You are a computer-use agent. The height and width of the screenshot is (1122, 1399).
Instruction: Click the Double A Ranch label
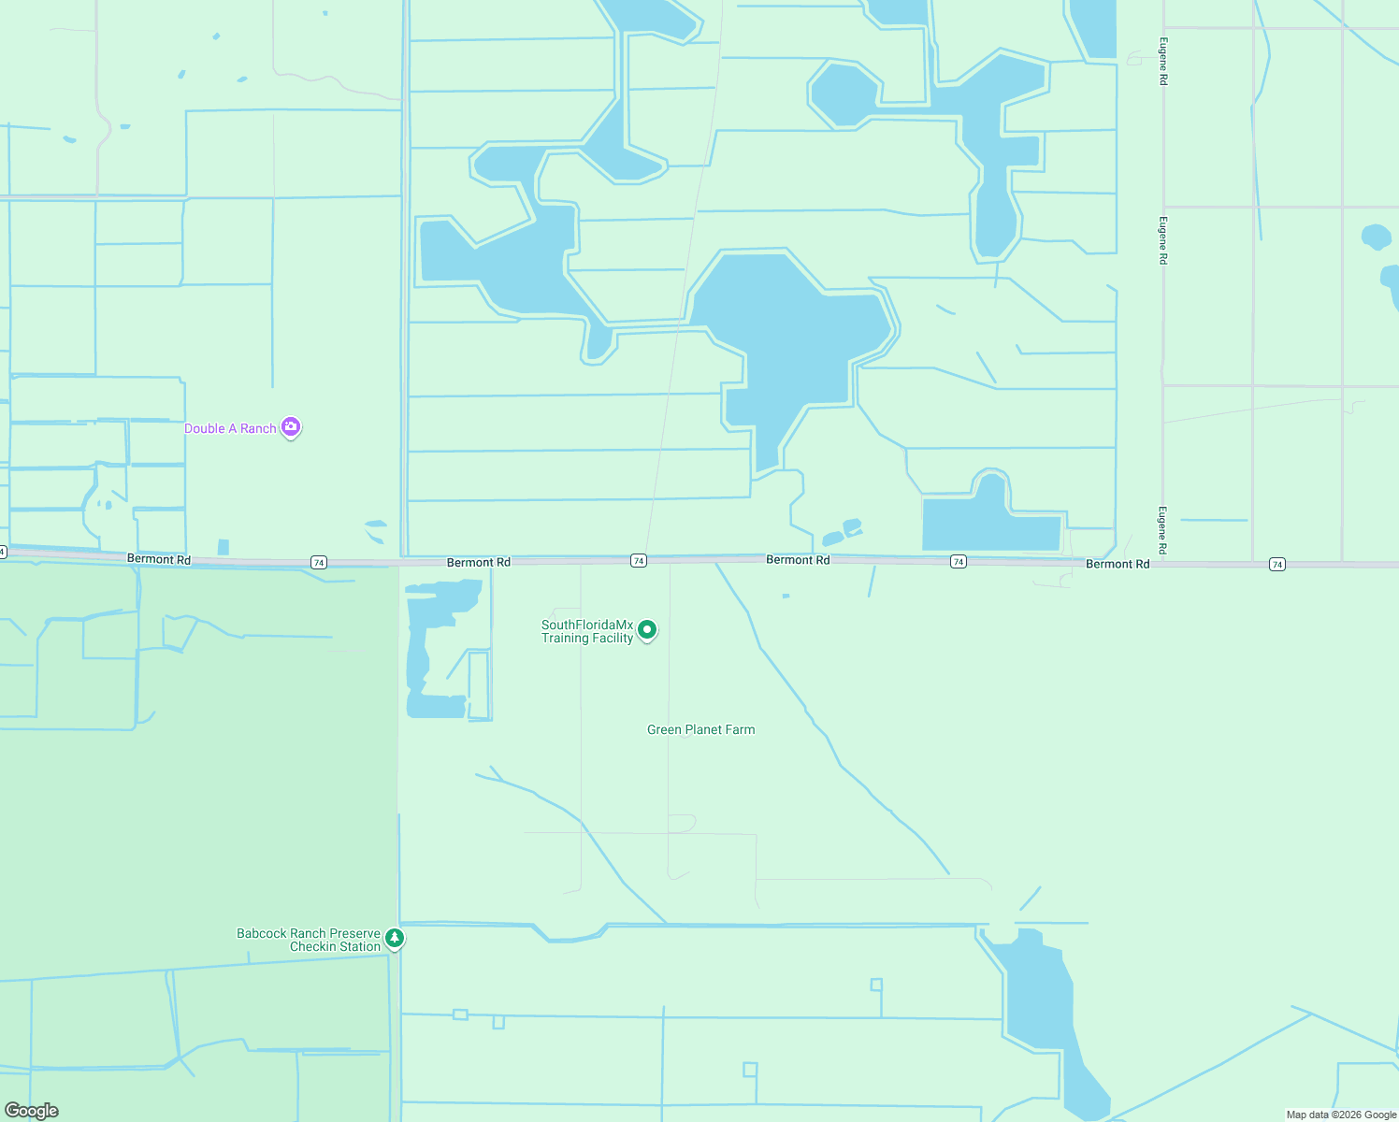[x=230, y=428]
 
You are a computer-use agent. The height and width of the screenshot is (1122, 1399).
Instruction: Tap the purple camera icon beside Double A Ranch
[x=291, y=427]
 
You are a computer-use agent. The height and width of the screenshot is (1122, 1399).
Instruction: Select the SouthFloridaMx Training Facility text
[x=587, y=631]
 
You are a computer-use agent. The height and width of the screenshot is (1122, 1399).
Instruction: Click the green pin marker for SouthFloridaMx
[x=647, y=630]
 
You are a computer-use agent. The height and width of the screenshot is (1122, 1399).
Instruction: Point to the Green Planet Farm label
[x=700, y=729]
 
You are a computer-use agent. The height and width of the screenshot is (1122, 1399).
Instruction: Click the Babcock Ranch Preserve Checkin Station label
[x=309, y=940]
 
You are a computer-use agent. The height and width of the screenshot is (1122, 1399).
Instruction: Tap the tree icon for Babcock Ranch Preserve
[x=395, y=937]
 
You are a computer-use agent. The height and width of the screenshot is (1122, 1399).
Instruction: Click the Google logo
[x=31, y=1111]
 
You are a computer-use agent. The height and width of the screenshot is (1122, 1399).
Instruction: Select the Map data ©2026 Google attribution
[x=1341, y=1115]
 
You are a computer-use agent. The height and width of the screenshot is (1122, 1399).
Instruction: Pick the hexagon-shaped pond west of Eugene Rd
[x=844, y=93]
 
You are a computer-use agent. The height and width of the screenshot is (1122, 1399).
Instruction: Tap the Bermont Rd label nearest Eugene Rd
[x=1118, y=564]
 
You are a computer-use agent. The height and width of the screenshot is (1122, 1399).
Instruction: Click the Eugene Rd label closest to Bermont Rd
[x=1162, y=530]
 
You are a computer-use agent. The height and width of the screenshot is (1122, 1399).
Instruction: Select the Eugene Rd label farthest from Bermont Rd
[x=1162, y=62]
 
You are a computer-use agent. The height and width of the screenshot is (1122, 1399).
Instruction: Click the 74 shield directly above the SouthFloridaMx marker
[x=639, y=561]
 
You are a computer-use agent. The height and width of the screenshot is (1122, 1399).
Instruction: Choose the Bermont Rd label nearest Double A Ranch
[x=159, y=559]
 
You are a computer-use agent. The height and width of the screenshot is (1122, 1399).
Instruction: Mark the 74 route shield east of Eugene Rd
[x=1277, y=564]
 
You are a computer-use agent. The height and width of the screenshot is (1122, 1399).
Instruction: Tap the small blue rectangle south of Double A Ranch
[x=223, y=547]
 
